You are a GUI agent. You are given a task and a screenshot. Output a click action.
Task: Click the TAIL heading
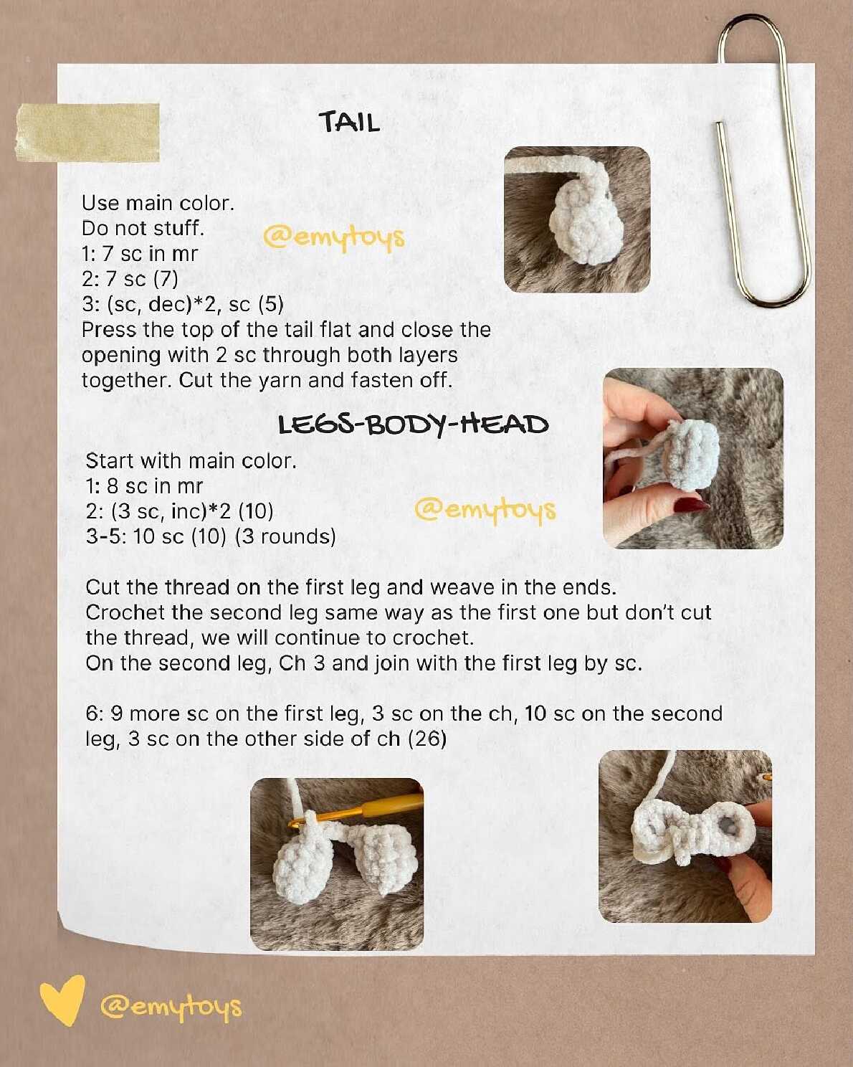349,122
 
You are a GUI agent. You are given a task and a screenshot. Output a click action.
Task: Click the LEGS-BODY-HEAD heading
414,425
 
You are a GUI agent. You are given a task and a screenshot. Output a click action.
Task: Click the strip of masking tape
87,133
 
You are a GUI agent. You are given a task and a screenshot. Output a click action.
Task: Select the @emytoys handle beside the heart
171,1007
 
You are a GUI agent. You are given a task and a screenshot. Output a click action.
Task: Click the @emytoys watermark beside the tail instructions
334,238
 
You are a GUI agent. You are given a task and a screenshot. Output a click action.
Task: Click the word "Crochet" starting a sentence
125,613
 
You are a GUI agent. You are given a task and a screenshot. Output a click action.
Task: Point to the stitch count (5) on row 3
271,305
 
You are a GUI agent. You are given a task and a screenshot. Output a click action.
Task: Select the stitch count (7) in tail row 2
166,279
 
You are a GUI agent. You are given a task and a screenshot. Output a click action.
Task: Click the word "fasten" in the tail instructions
381,380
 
